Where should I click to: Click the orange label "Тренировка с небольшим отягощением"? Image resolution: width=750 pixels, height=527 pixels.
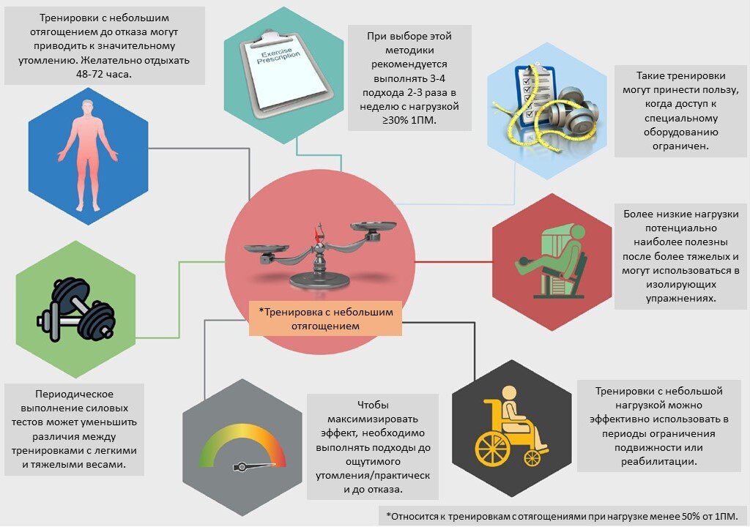325,318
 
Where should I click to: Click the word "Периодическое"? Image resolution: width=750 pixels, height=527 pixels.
75,394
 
